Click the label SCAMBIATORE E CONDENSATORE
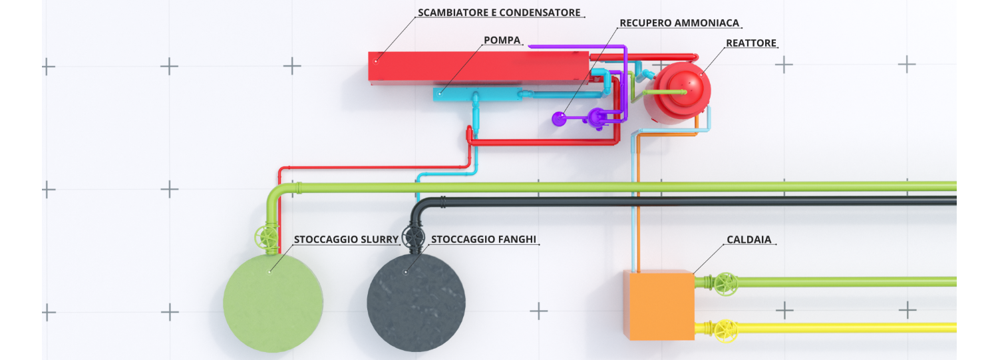click(499, 13)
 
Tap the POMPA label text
click(502, 41)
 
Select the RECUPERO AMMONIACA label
click(679, 23)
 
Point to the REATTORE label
click(751, 43)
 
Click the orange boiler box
click(659, 305)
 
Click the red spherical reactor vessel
click(679, 93)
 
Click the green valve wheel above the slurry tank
click(265, 237)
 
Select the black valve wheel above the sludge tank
click(413, 237)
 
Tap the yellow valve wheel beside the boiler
click(725, 328)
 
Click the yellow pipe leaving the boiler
click(845, 327)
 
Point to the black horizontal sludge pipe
click(699, 201)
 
